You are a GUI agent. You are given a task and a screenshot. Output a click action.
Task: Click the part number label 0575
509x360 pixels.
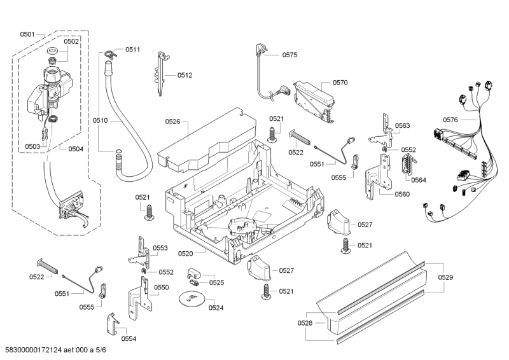click(289, 55)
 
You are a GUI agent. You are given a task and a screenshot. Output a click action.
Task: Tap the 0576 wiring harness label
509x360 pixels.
click(450, 120)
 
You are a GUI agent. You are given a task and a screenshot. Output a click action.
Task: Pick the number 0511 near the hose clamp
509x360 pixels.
click(132, 49)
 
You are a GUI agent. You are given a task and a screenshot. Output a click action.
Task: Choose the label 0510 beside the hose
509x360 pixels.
click(101, 120)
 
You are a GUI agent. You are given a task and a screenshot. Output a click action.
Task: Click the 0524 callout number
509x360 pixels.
click(216, 308)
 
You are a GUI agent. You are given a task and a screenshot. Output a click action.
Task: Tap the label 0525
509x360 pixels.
click(216, 282)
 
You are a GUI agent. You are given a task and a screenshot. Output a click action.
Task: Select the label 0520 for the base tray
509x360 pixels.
click(185, 254)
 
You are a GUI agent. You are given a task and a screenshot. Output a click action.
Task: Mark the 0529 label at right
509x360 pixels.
click(445, 277)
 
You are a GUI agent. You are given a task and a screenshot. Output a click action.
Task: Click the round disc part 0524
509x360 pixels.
click(191, 298)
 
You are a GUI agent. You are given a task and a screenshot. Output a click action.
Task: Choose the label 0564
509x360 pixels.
click(419, 180)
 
